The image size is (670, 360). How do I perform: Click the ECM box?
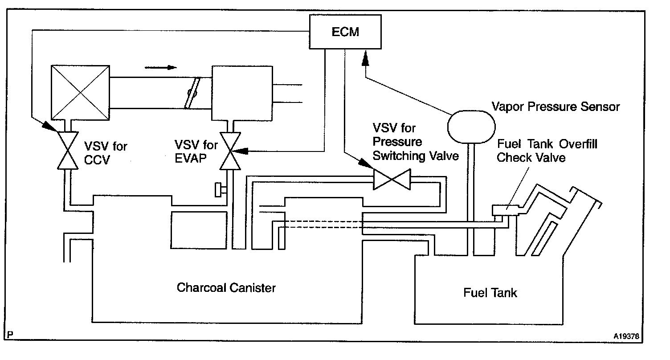pos(346,33)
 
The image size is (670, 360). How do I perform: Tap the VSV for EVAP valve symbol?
pos(230,151)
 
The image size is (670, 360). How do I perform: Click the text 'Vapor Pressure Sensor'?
pos(556,107)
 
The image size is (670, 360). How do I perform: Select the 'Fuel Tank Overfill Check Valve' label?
pos(547,151)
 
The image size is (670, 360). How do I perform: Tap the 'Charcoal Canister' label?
pos(226,287)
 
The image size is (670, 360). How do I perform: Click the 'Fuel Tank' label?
pos(490,293)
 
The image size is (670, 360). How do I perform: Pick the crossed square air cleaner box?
pos(80,92)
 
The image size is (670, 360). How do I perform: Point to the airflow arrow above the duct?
pos(160,68)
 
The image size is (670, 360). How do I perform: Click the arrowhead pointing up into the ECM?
pos(365,57)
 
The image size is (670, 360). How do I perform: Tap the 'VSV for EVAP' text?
pos(196,151)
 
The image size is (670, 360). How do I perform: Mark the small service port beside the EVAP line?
pos(219,190)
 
